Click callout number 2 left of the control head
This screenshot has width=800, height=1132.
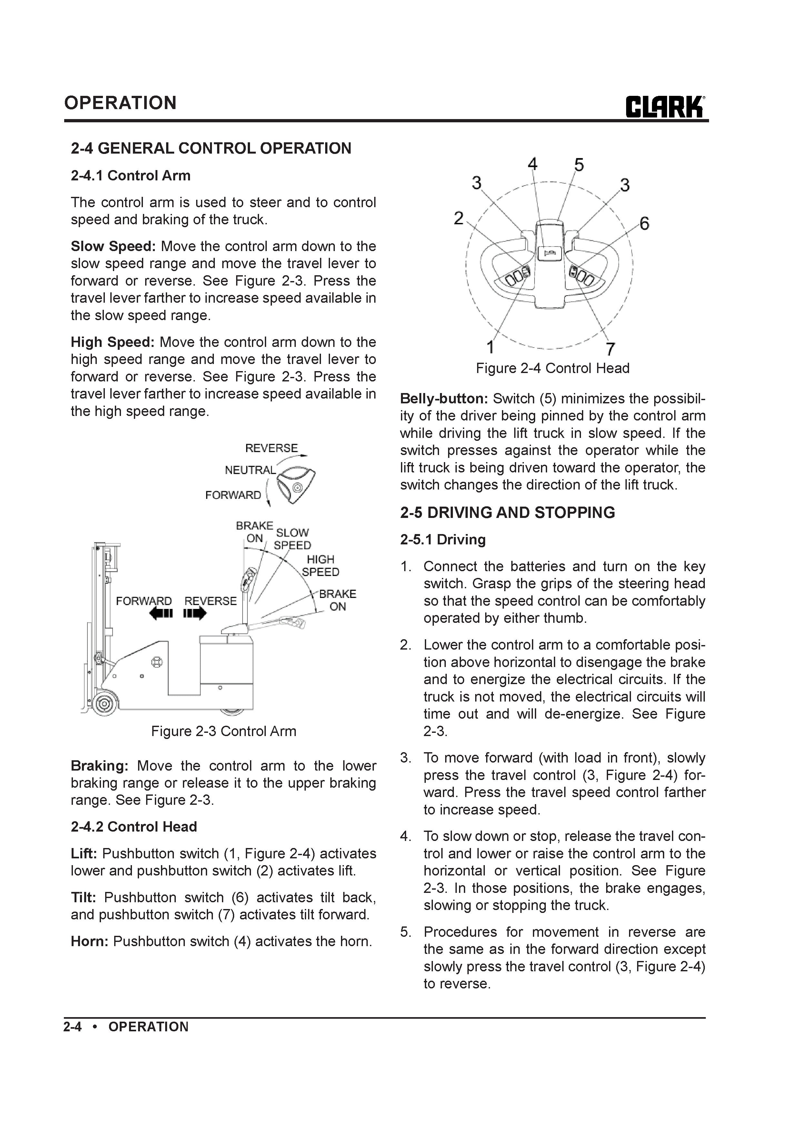click(x=458, y=218)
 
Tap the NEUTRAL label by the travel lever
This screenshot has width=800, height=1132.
click(x=250, y=470)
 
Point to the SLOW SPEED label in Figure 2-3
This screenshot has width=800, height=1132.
click(x=292, y=539)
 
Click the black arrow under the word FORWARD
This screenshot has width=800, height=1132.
click(x=161, y=614)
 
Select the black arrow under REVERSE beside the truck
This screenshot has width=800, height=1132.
click(x=195, y=614)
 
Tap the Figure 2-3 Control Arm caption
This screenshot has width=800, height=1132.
click(x=223, y=731)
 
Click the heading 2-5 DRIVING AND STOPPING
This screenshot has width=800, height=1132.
click(x=507, y=513)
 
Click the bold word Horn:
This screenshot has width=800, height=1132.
click(x=89, y=941)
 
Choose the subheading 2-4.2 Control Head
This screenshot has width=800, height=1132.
click(x=134, y=826)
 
